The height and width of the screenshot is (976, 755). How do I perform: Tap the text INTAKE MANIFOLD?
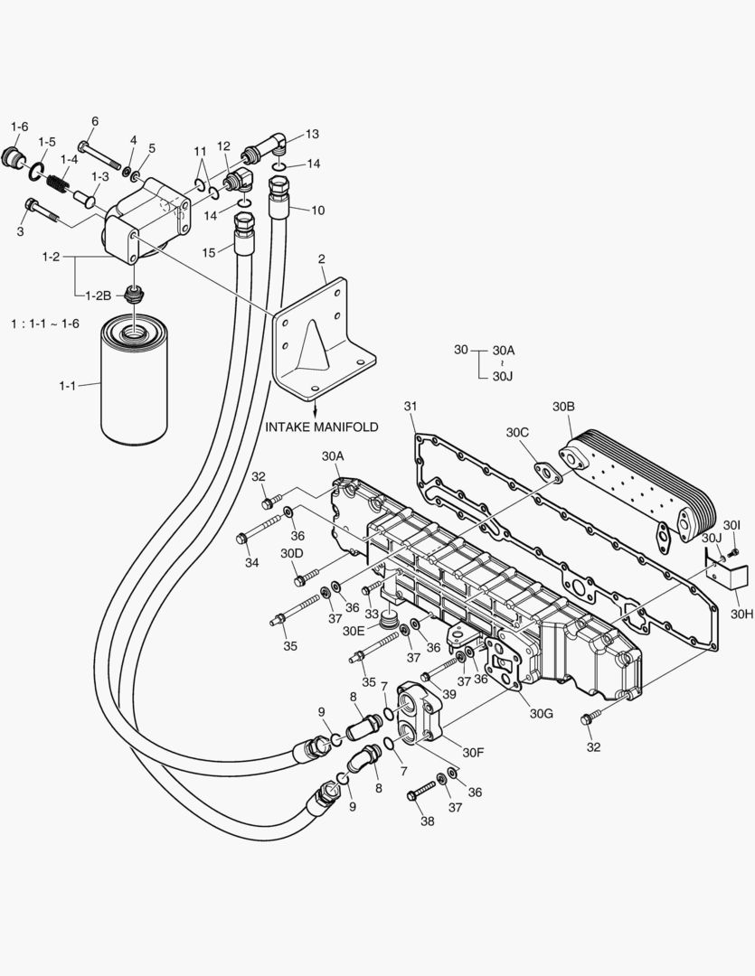point(322,426)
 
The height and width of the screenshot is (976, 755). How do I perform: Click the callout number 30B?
point(563,408)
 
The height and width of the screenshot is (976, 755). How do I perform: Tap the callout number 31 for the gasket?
point(410,408)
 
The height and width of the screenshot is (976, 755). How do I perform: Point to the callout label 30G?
point(542,713)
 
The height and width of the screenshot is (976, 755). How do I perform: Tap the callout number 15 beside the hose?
point(209,252)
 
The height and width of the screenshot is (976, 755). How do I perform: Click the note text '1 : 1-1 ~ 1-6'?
point(44,324)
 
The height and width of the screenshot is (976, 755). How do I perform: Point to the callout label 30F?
point(474,752)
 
